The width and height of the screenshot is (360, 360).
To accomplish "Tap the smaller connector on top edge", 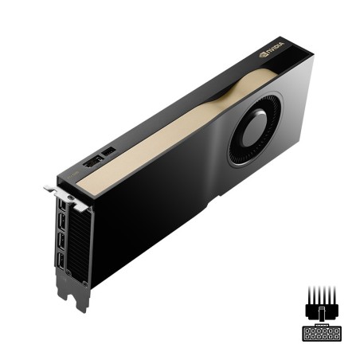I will [x=110, y=151].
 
